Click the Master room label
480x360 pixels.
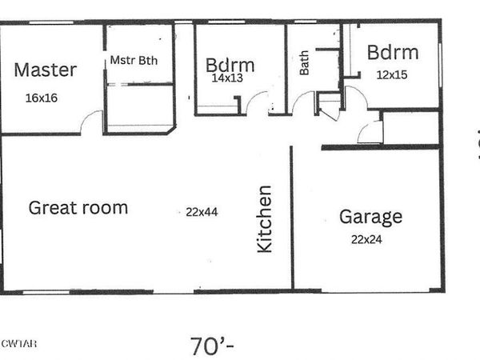click(x=45, y=69)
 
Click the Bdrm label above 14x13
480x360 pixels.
click(x=230, y=64)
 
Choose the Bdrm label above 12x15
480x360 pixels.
click(x=392, y=53)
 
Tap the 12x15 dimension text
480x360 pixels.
click(x=391, y=74)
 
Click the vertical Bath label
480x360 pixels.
click(x=305, y=63)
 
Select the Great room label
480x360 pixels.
click(x=78, y=208)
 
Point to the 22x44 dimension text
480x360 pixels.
click(x=202, y=212)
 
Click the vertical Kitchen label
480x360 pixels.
click(x=264, y=219)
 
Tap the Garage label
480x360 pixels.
click(x=370, y=216)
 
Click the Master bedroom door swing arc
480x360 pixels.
click(x=91, y=122)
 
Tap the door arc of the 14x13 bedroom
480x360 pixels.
click(x=258, y=103)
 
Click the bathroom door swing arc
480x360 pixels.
click(x=302, y=104)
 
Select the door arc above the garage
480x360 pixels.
click(x=370, y=132)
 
